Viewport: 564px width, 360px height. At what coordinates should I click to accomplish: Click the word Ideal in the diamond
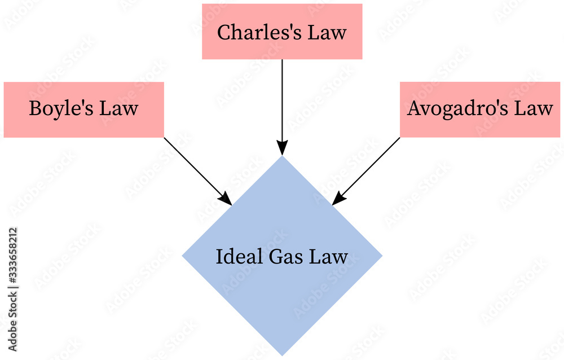(x=232, y=257)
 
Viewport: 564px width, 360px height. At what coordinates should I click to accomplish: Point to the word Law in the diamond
(x=329, y=257)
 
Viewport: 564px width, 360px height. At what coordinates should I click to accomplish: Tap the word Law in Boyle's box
(x=118, y=108)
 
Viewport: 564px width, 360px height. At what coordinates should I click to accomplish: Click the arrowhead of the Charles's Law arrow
(x=282, y=148)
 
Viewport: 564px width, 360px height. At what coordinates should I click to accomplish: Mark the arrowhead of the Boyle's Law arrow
(x=226, y=199)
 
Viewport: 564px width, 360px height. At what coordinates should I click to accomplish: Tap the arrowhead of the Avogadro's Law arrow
(x=338, y=199)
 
